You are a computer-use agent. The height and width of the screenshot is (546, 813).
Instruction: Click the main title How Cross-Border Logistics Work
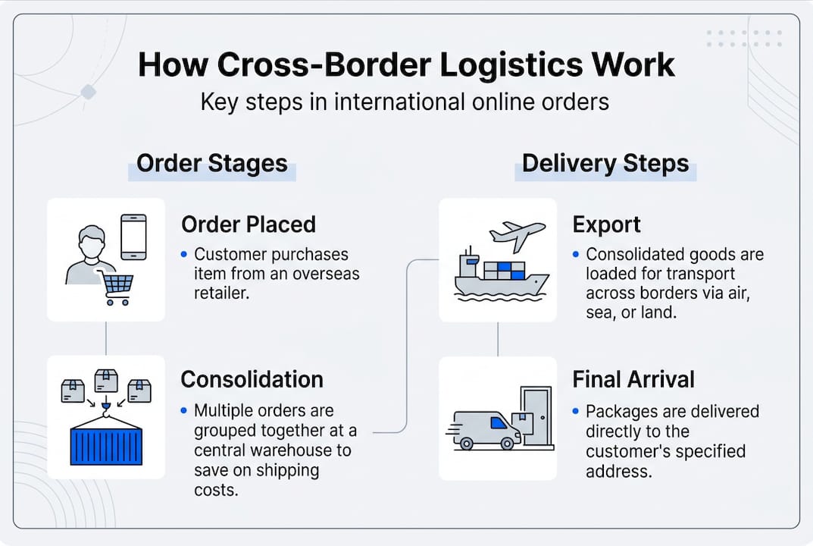pos(406,65)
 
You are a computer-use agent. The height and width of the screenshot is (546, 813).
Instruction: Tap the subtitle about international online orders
pos(405,102)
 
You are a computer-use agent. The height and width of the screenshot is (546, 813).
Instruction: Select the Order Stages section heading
pos(211,163)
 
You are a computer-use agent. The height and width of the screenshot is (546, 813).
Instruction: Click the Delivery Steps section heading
pos(605,163)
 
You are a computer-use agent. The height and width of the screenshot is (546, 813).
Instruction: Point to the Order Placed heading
pos(249,224)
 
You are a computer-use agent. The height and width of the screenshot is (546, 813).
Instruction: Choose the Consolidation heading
pos(252,379)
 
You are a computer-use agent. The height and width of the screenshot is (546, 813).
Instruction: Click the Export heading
pos(606,224)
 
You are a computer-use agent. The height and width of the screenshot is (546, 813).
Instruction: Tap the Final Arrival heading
pos(633,379)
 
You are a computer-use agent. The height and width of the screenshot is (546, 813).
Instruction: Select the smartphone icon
pos(133,237)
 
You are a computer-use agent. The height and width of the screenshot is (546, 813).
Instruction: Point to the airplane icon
pos(518,234)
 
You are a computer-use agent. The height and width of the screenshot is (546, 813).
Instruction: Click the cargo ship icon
pos(500,277)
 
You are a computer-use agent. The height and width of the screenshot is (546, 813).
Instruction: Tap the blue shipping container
pos(106,446)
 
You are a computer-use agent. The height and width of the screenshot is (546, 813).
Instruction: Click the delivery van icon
pos(486,430)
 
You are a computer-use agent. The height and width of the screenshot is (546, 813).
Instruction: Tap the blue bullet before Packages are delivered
pos(576,412)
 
